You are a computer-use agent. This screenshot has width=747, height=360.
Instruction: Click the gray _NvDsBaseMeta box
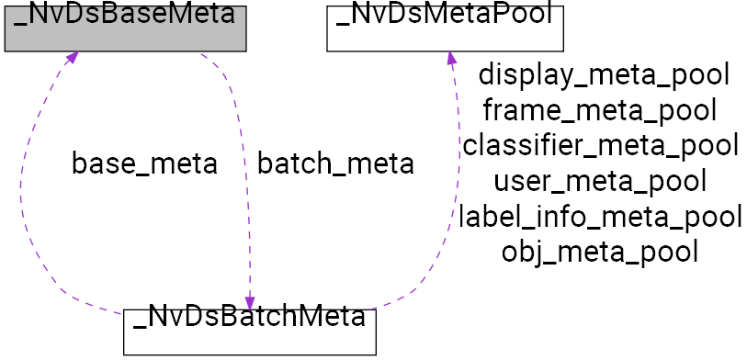click(x=126, y=26)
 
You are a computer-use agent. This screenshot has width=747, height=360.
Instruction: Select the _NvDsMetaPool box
click(x=445, y=26)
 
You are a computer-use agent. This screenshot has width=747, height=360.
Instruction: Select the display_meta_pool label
click(x=604, y=75)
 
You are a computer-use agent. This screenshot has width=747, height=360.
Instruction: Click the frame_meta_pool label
click(x=599, y=110)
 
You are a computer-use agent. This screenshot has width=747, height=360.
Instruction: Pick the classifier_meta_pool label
click(x=600, y=145)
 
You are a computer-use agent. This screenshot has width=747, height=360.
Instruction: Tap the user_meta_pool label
click(x=600, y=181)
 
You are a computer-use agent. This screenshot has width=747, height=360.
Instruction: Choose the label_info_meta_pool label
click(x=600, y=216)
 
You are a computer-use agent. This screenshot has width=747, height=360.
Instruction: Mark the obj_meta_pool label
click(x=600, y=251)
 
